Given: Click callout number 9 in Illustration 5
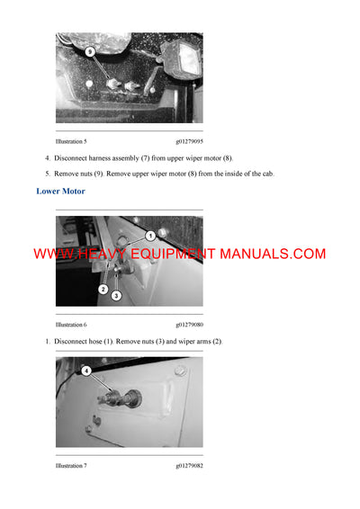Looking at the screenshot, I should [89, 53].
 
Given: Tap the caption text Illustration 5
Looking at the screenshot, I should [71, 142].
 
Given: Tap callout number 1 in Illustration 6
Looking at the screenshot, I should [150, 235].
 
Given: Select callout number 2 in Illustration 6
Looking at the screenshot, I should [103, 290].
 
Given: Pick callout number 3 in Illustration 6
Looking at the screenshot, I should [116, 296].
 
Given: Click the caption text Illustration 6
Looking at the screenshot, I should [71, 325].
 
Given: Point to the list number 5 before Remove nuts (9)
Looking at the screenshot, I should [47, 174].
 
